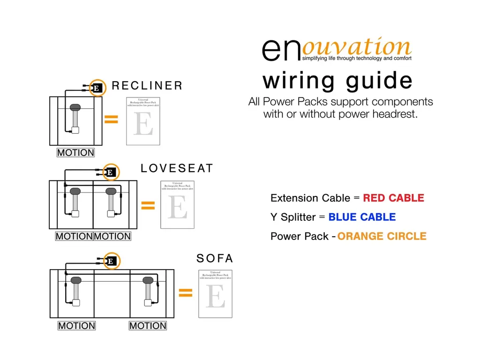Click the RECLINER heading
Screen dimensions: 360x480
(x=147, y=86)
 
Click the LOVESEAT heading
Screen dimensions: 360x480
(x=177, y=168)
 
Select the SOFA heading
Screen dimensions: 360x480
(x=215, y=258)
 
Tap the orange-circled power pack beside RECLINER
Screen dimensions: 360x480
(x=97, y=87)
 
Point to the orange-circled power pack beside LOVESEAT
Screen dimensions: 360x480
(x=110, y=172)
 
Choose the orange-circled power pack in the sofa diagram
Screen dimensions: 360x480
(x=111, y=261)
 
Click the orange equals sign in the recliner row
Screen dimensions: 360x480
(x=111, y=120)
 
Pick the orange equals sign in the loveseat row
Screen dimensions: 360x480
(x=148, y=205)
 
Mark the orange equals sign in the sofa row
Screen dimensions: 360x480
(x=186, y=293)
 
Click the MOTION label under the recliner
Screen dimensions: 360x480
(x=75, y=153)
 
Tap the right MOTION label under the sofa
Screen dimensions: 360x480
(x=148, y=326)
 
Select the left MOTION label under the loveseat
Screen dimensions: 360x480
(x=74, y=237)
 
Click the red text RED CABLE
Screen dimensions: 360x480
(x=393, y=198)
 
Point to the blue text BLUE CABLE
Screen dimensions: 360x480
(x=362, y=217)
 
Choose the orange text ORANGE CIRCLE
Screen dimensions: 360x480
(x=382, y=236)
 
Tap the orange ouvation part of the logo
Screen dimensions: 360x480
(x=356, y=47)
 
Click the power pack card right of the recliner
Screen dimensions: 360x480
(x=143, y=121)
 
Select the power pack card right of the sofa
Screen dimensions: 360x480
(x=216, y=293)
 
